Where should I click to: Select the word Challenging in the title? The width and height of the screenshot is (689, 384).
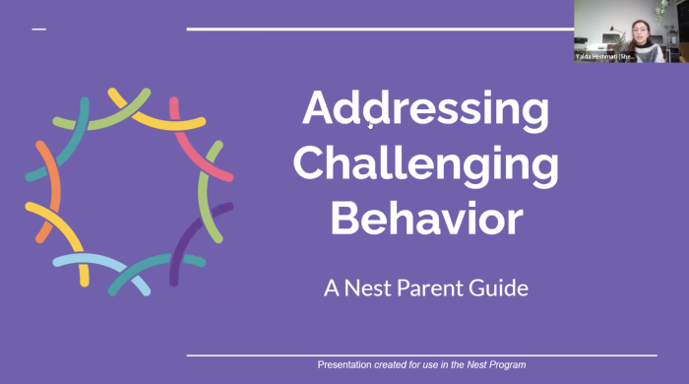pos(425,164)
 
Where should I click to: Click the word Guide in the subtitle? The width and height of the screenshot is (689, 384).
pos(496,288)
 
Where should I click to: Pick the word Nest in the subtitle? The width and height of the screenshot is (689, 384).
pos(361,288)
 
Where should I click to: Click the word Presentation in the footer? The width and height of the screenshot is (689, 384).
pos(344,365)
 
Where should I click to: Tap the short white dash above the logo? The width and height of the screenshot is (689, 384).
pos(39,30)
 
